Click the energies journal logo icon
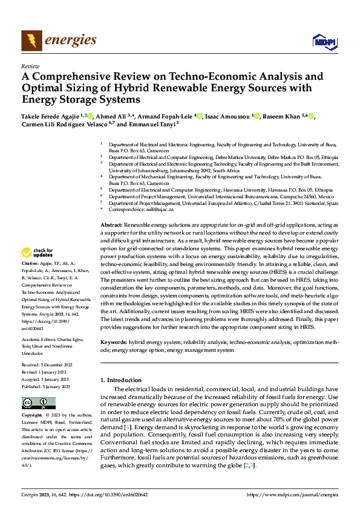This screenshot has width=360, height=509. tap(31, 41)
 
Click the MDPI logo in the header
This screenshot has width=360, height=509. tap(322, 41)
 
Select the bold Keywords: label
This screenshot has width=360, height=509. tap(113, 343)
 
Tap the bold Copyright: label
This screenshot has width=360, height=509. tap(33, 415)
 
